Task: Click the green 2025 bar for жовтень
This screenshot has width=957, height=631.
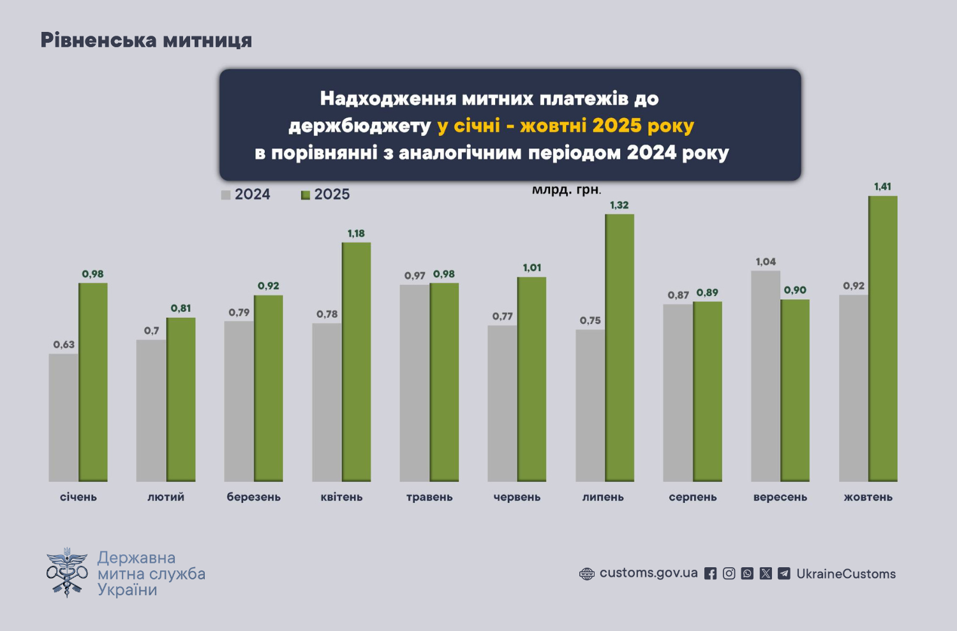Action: click(882, 338)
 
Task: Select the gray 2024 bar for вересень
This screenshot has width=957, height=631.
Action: click(766, 376)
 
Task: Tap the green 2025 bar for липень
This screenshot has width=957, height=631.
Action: click(619, 348)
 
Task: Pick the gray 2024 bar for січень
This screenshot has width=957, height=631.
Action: click(64, 417)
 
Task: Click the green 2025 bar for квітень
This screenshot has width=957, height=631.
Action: click(356, 362)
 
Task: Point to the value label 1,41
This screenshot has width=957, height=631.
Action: click(882, 187)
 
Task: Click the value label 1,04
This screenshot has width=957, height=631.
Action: click(766, 262)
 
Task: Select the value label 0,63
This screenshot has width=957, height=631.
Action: click(64, 345)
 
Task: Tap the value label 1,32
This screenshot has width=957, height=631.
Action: click(619, 205)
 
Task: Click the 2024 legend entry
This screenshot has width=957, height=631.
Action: click(246, 195)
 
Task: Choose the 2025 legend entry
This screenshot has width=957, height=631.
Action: click(326, 195)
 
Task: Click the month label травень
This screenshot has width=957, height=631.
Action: click(429, 497)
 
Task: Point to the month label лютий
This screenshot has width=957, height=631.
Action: click(166, 497)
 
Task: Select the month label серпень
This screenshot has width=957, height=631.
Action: click(693, 497)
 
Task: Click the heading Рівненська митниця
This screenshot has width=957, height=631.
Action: click(146, 40)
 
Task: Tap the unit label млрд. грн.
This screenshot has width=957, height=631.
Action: click(567, 189)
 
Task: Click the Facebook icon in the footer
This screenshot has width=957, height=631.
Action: click(710, 574)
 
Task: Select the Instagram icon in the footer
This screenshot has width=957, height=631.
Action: click(729, 574)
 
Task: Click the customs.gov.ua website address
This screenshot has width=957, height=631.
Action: click(648, 573)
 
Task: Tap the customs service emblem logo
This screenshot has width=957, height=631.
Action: click(67, 572)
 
